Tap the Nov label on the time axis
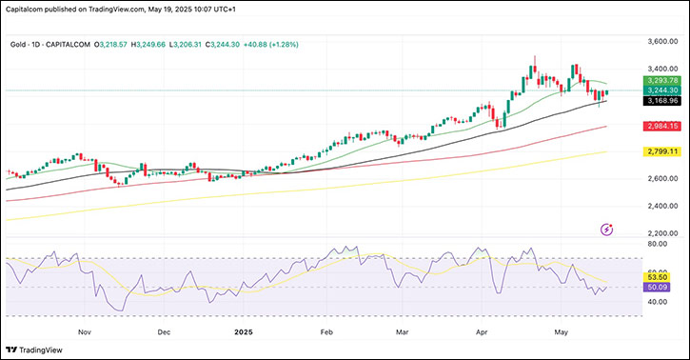pos(85,332)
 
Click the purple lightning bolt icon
pos(607,229)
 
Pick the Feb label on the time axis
pos(326,332)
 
